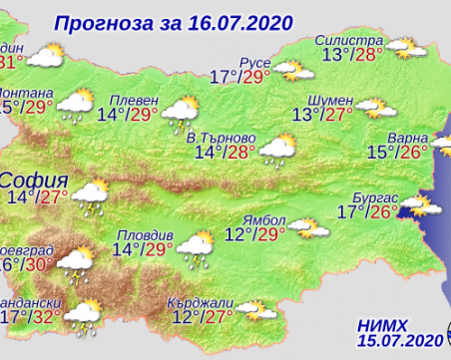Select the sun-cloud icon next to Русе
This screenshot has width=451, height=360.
coord(290,70)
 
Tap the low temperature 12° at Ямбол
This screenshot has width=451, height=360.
coord(237,234)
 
